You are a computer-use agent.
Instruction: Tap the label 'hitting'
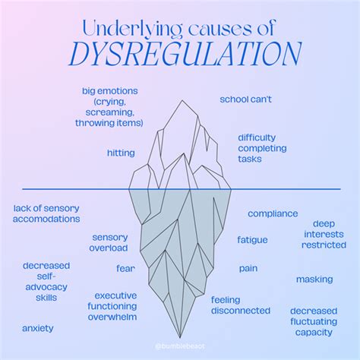click(x=121, y=153)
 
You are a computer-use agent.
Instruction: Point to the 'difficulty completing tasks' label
click(x=261, y=148)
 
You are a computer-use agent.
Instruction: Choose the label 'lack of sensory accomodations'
click(x=46, y=213)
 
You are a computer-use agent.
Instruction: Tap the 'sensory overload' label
click(x=110, y=242)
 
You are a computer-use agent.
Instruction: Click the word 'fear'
click(x=125, y=268)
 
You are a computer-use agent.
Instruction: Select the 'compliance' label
click(x=273, y=213)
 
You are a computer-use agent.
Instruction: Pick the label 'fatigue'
click(x=252, y=239)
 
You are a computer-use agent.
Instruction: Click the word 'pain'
click(x=248, y=268)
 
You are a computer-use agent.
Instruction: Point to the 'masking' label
click(x=314, y=279)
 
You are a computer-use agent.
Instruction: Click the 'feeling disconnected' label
click(x=240, y=305)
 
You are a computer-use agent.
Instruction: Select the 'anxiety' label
click(x=37, y=328)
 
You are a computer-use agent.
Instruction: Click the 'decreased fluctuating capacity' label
click(x=313, y=321)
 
